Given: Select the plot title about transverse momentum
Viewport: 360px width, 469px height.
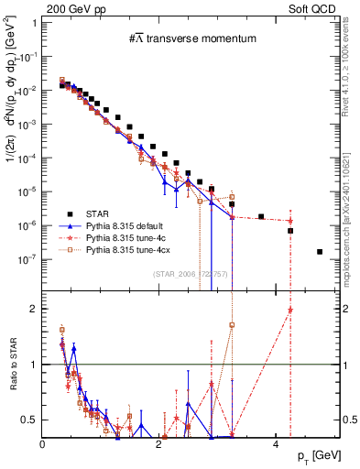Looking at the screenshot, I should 191,38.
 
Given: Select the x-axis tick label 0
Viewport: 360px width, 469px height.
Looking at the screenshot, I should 43,443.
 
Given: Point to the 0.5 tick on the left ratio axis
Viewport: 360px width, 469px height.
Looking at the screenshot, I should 29,420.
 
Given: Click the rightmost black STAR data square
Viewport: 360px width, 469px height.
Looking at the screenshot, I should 320,252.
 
